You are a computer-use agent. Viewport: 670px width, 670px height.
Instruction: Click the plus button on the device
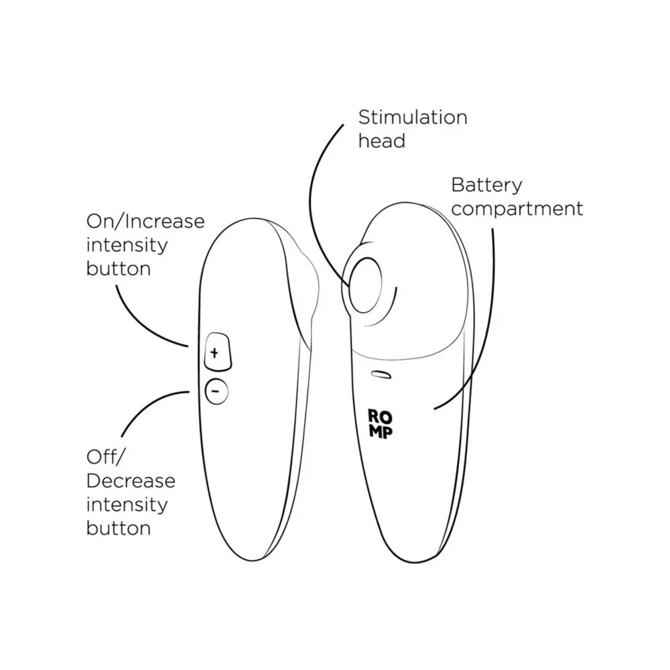(216, 352)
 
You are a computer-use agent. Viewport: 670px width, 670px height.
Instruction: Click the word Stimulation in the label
(412, 118)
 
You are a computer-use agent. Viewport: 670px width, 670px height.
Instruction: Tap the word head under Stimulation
(381, 141)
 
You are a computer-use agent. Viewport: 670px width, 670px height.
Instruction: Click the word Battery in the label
(486, 185)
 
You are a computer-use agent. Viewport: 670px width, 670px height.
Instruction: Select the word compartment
(517, 208)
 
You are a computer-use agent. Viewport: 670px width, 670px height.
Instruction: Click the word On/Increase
(145, 221)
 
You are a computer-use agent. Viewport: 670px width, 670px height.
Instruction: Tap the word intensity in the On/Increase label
(127, 245)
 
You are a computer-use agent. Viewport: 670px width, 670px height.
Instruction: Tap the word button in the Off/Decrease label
(118, 528)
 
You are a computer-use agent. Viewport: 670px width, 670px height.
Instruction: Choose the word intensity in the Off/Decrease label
(127, 505)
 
